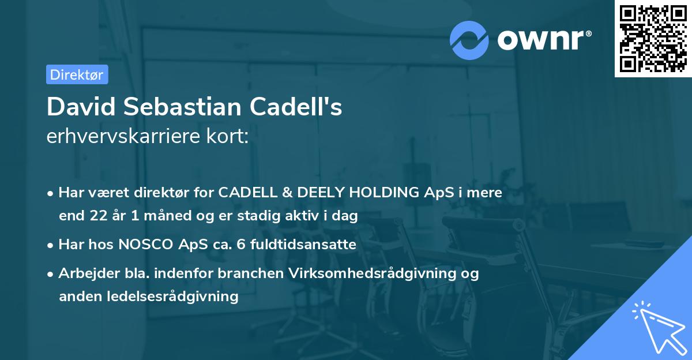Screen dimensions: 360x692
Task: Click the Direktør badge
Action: tap(77, 74)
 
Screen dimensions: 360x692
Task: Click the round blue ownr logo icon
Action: tap(469, 40)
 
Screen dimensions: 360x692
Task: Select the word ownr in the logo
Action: tap(544, 40)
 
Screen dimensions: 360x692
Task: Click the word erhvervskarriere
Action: tap(118, 136)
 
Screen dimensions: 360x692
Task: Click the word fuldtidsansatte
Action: tap(299, 245)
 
